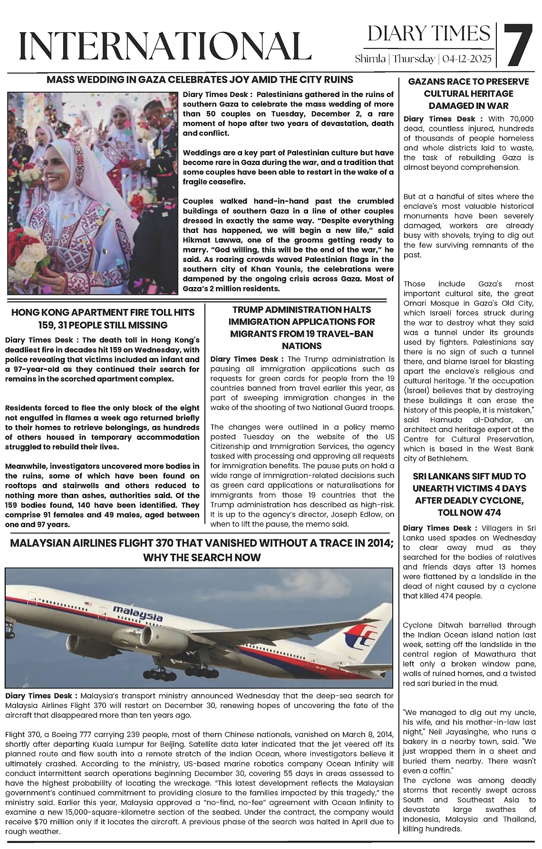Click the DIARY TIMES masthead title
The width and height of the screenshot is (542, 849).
pyautogui.click(x=428, y=34)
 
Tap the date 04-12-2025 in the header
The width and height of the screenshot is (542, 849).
pyautogui.click(x=468, y=59)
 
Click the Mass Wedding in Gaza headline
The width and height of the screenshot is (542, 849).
pyautogui.click(x=200, y=79)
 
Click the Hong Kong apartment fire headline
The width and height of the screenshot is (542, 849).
pyautogui.click(x=103, y=318)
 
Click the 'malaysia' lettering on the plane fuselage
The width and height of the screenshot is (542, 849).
pyautogui.click(x=138, y=614)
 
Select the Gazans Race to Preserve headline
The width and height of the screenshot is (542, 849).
pyautogui.click(x=468, y=94)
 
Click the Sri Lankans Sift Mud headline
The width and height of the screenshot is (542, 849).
pyautogui.click(x=469, y=494)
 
